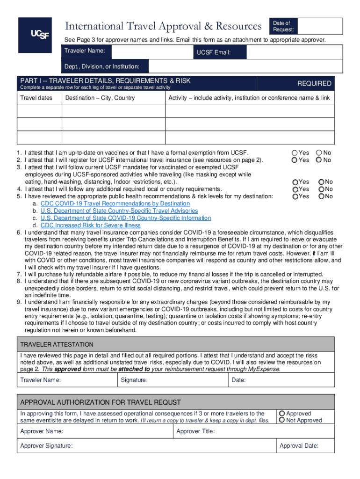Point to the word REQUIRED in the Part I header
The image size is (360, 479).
click(314, 83)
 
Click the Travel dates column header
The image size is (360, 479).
click(36, 98)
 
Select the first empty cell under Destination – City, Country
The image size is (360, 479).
click(114, 111)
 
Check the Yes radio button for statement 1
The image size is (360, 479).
click(295, 152)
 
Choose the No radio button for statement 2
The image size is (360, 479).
click(319, 160)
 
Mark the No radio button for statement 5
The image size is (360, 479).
click(322, 196)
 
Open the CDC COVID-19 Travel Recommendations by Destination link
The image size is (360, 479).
click(115, 203)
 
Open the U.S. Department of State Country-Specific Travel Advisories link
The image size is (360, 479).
click(119, 211)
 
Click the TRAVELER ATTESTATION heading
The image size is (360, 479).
click(57, 344)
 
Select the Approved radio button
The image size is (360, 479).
click(282, 414)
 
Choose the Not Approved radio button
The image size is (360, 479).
click(282, 420)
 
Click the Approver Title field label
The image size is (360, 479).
click(195, 431)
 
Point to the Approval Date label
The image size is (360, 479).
click(299, 446)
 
